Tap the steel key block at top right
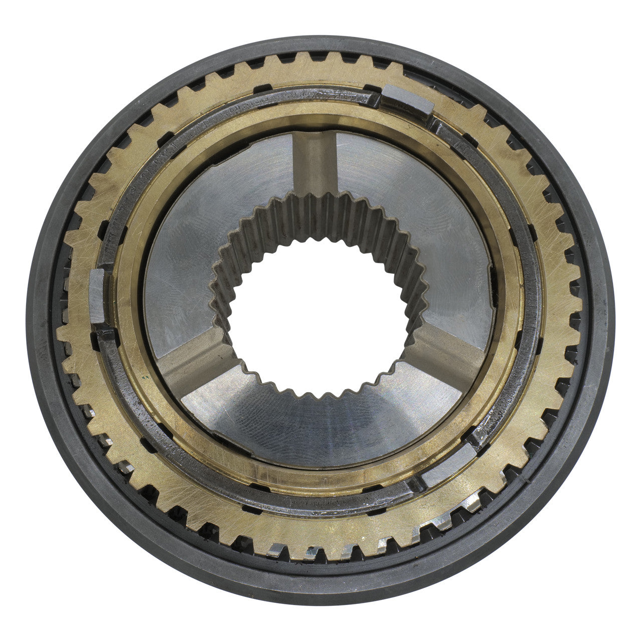click(406, 102)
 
